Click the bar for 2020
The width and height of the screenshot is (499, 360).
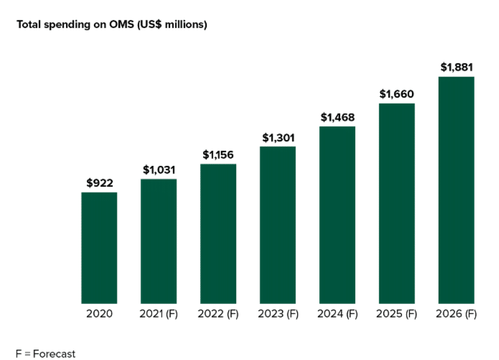click(x=99, y=247)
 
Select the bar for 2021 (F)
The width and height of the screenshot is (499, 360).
click(x=159, y=241)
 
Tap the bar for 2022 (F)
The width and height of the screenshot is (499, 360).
click(x=218, y=234)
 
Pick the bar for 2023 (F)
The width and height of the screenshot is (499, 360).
click(x=277, y=225)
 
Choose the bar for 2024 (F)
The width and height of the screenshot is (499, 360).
click(x=337, y=214)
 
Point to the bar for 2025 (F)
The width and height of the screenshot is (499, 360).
click(x=397, y=203)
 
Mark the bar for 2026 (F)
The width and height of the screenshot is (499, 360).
click(x=456, y=190)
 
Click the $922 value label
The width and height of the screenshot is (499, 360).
click(x=99, y=183)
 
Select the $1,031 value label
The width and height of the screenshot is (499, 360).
click(x=159, y=170)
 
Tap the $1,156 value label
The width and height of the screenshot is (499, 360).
click(x=218, y=155)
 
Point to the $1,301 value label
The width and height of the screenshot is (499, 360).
click(x=278, y=138)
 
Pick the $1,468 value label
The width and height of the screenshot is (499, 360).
click(x=337, y=117)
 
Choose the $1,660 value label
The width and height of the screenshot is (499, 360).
click(x=397, y=94)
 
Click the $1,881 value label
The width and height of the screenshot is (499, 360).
click(x=456, y=67)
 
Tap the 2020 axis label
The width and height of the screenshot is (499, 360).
click(x=99, y=314)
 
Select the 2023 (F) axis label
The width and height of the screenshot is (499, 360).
click(x=278, y=314)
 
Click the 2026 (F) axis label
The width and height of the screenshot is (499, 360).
click(x=456, y=314)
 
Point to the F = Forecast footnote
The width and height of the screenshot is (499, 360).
click(x=46, y=354)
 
